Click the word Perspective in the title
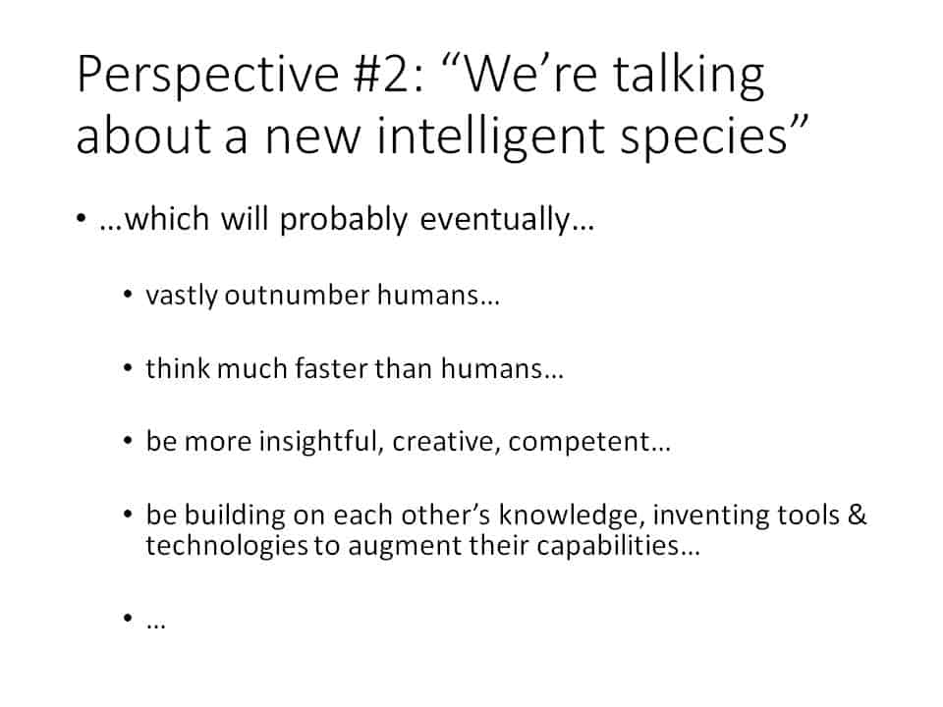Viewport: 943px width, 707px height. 208,76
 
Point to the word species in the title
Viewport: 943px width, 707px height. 703,139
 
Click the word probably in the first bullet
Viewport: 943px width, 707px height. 344,220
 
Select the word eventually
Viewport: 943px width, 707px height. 495,220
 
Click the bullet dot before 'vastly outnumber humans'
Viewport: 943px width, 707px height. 128,295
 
